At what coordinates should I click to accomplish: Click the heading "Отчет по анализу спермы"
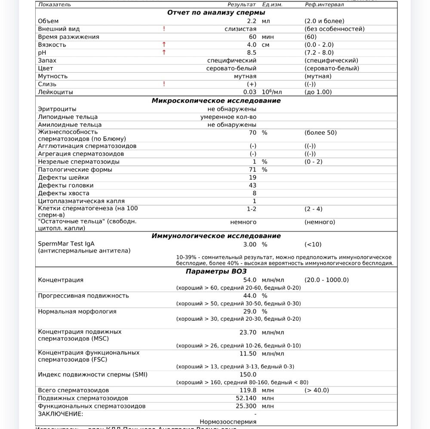(x=216, y=12)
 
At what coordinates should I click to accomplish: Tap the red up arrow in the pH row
(x=164, y=52)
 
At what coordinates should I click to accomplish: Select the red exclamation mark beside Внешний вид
(x=164, y=29)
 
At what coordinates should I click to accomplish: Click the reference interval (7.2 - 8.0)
(x=319, y=52)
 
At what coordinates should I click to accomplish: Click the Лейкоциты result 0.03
(x=249, y=92)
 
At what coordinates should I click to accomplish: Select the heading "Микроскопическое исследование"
(x=216, y=100)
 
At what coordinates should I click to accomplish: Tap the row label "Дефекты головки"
(x=65, y=186)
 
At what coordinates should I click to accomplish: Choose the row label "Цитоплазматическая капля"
(x=81, y=201)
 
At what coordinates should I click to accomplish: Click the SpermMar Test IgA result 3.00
(x=249, y=244)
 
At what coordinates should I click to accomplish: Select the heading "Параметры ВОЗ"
(x=216, y=271)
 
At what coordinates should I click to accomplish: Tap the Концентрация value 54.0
(x=249, y=280)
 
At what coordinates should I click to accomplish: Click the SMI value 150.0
(x=248, y=374)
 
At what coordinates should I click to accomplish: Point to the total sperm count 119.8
(x=248, y=390)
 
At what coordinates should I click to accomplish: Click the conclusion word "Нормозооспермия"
(x=228, y=422)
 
